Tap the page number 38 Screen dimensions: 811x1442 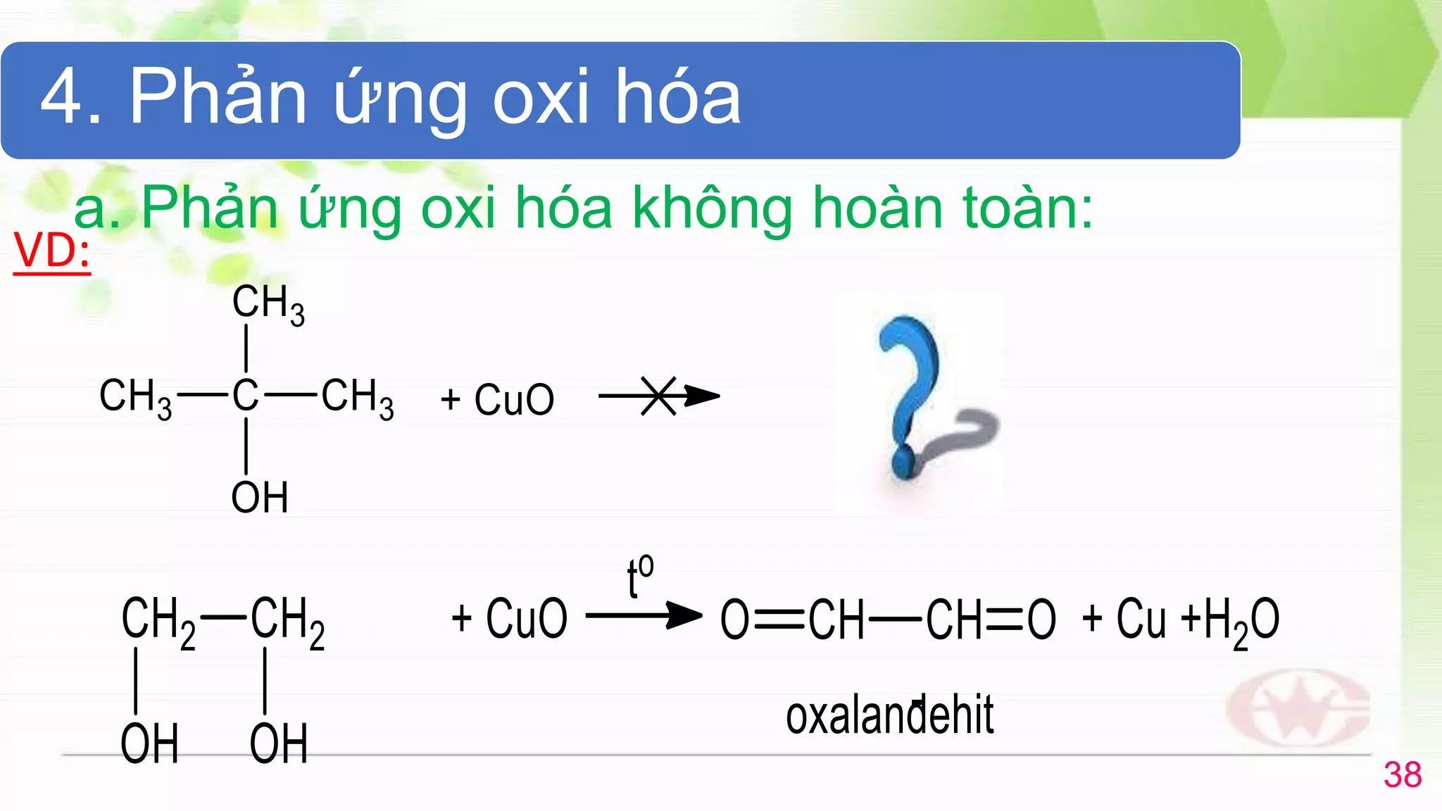1402,775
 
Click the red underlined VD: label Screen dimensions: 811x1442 51,251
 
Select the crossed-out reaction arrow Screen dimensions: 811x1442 658,396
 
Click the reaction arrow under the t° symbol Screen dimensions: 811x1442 644,615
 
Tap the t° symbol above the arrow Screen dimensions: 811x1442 640,575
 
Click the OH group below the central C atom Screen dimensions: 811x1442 260,497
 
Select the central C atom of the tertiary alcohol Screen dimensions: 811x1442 245,395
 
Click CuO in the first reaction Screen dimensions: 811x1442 514,399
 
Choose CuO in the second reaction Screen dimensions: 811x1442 526,619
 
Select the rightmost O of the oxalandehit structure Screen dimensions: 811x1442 1041,620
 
